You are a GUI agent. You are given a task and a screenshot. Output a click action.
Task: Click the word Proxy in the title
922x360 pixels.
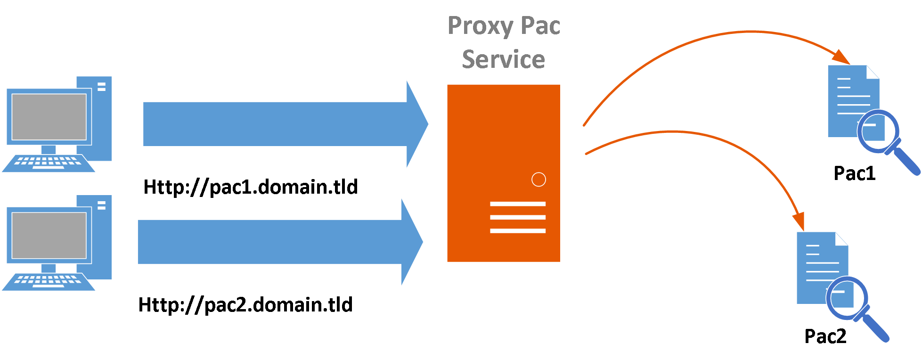[480, 26]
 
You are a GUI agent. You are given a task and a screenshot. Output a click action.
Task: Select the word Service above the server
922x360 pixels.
[503, 59]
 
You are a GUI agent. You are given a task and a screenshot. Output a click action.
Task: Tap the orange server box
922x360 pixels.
[503, 141]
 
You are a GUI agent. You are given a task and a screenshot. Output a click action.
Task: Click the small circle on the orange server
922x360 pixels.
[539, 180]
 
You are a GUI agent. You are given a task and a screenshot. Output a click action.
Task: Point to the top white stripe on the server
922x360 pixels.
[517, 204]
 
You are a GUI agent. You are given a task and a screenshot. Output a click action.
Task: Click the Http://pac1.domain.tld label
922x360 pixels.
[250, 187]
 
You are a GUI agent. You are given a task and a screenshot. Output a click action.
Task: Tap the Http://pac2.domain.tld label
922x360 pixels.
[245, 305]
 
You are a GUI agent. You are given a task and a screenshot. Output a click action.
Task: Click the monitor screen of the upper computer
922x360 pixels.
[49, 117]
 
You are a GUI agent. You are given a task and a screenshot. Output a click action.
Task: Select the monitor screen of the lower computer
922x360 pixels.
[49, 235]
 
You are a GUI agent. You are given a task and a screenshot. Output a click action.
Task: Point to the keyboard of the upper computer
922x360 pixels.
[48, 163]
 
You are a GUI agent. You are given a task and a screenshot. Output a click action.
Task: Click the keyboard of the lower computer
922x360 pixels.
[48, 281]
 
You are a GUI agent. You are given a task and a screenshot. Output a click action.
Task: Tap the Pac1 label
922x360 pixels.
[854, 173]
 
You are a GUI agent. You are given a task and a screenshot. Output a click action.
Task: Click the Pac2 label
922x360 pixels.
[825, 336]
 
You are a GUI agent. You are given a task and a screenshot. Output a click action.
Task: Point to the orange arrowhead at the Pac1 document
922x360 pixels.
[841, 57]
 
